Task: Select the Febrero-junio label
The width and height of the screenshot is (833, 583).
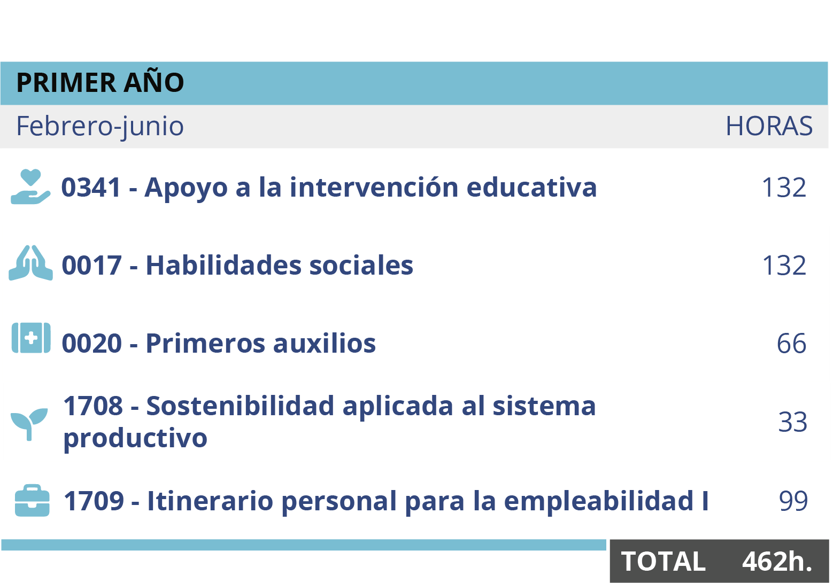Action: tap(100, 126)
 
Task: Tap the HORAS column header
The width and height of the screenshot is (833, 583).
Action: tap(769, 126)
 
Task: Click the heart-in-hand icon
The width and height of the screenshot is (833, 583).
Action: tap(30, 186)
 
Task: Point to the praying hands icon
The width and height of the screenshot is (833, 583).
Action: tap(30, 263)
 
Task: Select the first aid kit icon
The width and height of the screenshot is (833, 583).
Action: tap(31, 338)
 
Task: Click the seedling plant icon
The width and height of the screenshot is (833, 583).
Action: tap(29, 424)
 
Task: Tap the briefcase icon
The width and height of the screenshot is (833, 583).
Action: tap(32, 500)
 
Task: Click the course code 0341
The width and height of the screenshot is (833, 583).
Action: tap(91, 187)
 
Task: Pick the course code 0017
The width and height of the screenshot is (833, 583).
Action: tap(91, 265)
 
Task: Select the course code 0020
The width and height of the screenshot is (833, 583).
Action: tap(91, 344)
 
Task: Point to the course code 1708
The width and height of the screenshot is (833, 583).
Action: tap(93, 406)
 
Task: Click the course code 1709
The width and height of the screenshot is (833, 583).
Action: tap(94, 501)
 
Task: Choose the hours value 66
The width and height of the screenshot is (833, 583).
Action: tap(791, 344)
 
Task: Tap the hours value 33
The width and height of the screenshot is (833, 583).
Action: tap(793, 422)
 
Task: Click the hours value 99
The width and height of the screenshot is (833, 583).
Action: tap(793, 501)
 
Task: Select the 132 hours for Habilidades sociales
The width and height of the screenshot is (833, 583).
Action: tap(784, 265)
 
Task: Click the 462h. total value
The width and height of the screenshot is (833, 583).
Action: tap(777, 561)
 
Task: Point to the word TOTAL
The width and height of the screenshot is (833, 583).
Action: tap(664, 561)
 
